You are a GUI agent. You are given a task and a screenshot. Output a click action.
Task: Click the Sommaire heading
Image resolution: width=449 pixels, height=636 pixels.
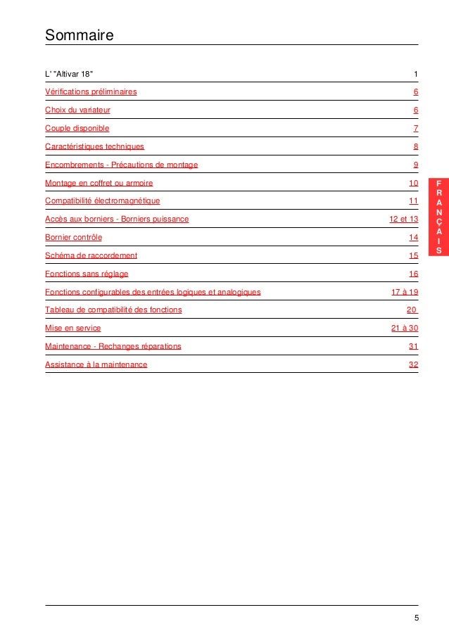[80, 34]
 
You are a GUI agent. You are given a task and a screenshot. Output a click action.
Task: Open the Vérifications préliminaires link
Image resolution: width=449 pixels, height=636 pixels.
[91, 92]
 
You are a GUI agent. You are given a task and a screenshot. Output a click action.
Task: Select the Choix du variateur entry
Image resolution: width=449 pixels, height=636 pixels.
[77, 110]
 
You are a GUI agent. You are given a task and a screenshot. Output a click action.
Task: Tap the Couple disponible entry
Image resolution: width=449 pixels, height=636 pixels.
[77, 129]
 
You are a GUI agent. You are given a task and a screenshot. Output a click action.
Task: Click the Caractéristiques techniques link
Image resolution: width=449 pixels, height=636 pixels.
[94, 147]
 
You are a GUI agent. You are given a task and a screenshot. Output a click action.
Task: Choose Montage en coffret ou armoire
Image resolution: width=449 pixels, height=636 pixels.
[99, 183]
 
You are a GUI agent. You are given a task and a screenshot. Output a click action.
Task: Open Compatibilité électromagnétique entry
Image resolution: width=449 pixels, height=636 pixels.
[102, 201]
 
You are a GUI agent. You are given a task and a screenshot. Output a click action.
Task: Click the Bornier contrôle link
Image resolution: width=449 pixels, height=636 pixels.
[73, 238]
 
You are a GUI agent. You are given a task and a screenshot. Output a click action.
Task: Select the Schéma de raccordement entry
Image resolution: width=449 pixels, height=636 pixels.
[91, 256]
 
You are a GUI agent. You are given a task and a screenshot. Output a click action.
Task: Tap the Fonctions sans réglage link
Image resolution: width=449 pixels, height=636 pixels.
[87, 274]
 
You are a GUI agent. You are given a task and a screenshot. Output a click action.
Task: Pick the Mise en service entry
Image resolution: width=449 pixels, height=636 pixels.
[72, 329]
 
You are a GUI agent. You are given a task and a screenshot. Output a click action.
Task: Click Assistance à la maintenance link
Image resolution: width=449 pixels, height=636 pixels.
[96, 365]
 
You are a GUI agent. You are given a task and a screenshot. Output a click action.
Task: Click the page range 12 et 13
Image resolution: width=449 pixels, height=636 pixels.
[403, 220]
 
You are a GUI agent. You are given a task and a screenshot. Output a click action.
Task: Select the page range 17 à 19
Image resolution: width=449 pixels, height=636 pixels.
[405, 292]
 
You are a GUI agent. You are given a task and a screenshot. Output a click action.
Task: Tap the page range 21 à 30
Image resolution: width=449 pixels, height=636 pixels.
[405, 329]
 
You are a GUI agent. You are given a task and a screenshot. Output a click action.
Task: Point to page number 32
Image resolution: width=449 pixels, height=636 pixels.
[413, 365]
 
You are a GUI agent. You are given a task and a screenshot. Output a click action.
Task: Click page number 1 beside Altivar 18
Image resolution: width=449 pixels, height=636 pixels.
[416, 74]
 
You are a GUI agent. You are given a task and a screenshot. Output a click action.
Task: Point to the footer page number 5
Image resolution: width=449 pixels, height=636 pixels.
[416, 618]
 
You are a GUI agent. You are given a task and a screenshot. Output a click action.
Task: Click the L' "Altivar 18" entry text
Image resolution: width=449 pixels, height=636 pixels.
[68, 74]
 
